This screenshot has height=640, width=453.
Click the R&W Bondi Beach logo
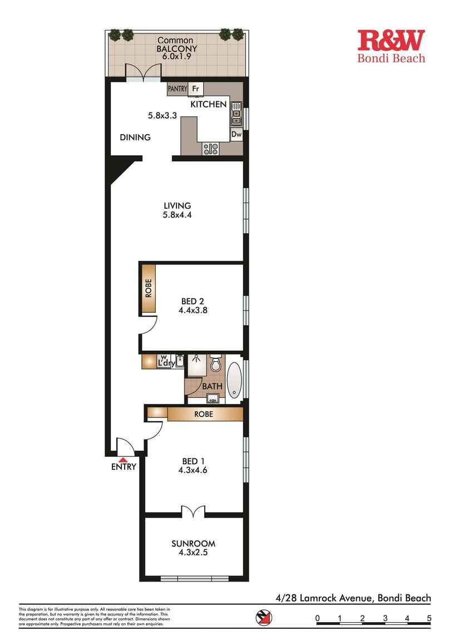[x=391, y=46]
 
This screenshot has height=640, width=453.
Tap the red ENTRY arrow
[x=123, y=459]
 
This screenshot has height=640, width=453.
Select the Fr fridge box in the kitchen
[x=195, y=88]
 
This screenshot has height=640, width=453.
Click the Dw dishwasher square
[x=236, y=134]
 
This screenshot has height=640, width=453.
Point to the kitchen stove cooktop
[x=210, y=149]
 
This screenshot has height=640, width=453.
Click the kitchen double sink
[x=236, y=112]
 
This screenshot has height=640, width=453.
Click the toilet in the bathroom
[x=216, y=366]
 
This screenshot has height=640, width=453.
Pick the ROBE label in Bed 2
[x=148, y=288]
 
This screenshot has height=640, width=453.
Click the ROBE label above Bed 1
[x=203, y=415]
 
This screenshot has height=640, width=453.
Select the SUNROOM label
[x=193, y=544]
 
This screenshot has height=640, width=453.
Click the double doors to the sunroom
[x=193, y=510]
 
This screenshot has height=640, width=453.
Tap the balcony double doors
[x=143, y=73]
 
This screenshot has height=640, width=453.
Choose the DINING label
[x=135, y=137]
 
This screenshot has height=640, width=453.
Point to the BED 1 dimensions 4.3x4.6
[x=193, y=470]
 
